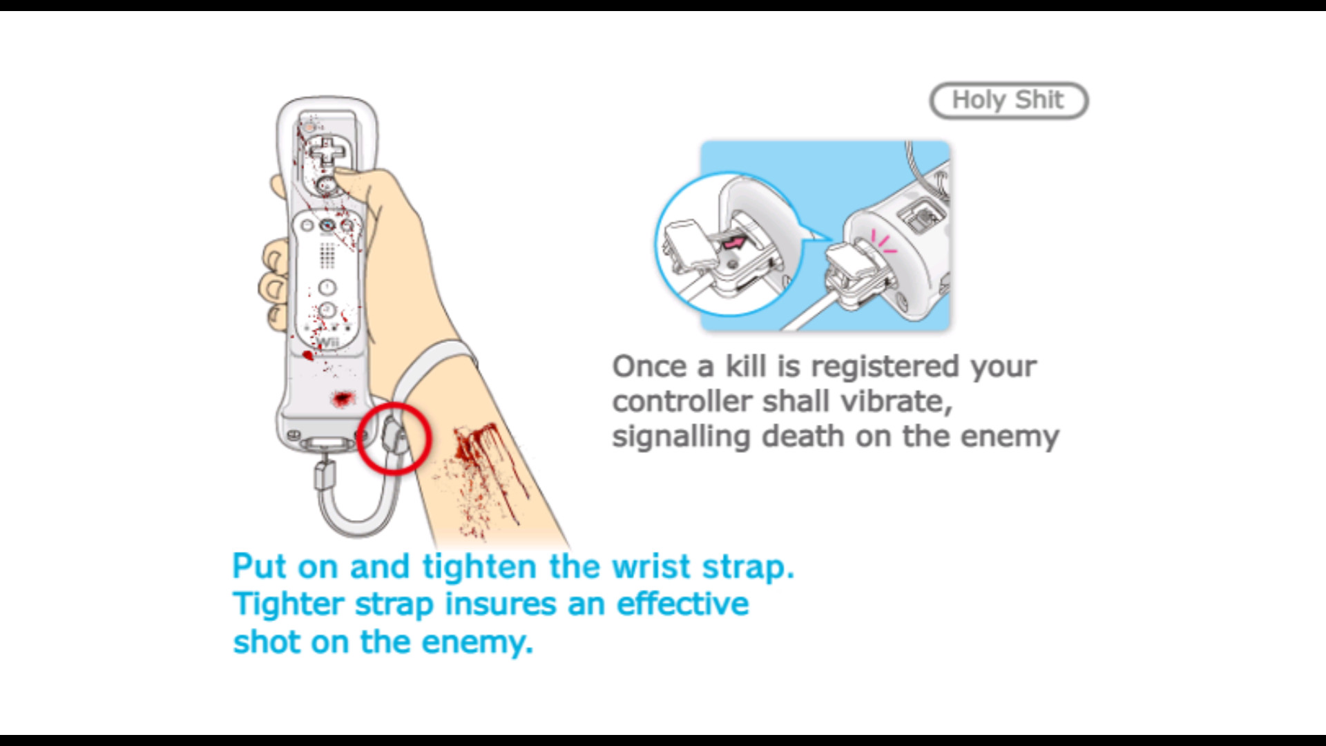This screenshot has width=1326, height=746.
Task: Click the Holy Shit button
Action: pyautogui.click(x=1008, y=101)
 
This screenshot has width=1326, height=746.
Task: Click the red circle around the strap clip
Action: pyautogui.click(x=394, y=439)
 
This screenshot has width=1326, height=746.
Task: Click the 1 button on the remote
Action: pyautogui.click(x=327, y=287)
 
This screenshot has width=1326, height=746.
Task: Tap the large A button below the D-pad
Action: pyautogui.click(x=327, y=184)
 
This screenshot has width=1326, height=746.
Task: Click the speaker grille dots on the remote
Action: pyautogui.click(x=327, y=255)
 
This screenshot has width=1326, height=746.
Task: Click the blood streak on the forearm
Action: pyautogui.click(x=483, y=456)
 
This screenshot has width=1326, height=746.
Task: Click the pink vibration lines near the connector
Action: pyautogui.click(x=883, y=241)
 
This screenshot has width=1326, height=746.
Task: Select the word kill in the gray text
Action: pyautogui.click(x=745, y=366)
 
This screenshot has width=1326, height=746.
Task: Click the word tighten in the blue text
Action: pyautogui.click(x=479, y=567)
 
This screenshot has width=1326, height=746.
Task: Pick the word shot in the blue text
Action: pyautogui.click(x=267, y=642)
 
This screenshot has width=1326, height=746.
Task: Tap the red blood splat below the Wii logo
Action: pyautogui.click(x=343, y=399)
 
